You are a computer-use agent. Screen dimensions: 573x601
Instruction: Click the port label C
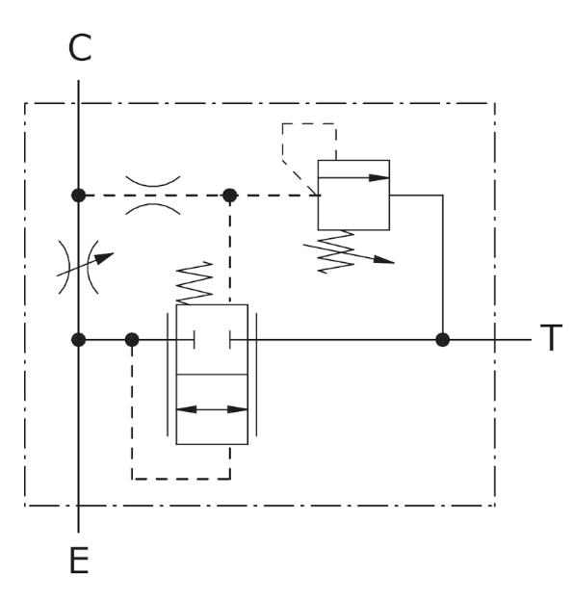tap(80, 47)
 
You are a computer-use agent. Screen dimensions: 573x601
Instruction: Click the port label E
tap(79, 560)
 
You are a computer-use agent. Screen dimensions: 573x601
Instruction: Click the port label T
tap(551, 337)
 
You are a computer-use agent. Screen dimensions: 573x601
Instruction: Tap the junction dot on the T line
tap(443, 340)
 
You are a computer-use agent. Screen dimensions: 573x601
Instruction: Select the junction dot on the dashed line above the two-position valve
tap(229, 196)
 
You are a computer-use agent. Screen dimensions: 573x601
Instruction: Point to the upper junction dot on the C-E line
tap(79, 196)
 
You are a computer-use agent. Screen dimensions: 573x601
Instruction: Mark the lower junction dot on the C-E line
tap(79, 340)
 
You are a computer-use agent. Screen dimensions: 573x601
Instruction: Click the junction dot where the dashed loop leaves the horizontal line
tap(132, 340)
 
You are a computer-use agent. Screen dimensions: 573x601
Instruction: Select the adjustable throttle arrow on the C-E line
tap(86, 264)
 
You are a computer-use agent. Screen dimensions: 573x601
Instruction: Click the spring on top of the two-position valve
tap(195, 283)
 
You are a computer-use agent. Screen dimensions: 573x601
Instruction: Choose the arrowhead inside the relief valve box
tap(378, 178)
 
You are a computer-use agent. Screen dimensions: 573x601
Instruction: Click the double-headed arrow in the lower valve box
tap(212, 409)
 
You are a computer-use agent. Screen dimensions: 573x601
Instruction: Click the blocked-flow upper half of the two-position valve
tap(212, 340)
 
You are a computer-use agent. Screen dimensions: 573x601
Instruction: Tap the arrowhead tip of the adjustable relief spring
tap(394, 263)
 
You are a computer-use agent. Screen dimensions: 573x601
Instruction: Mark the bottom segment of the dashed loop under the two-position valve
tap(181, 479)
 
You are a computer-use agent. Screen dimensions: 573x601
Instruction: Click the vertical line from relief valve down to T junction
tap(443, 267)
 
